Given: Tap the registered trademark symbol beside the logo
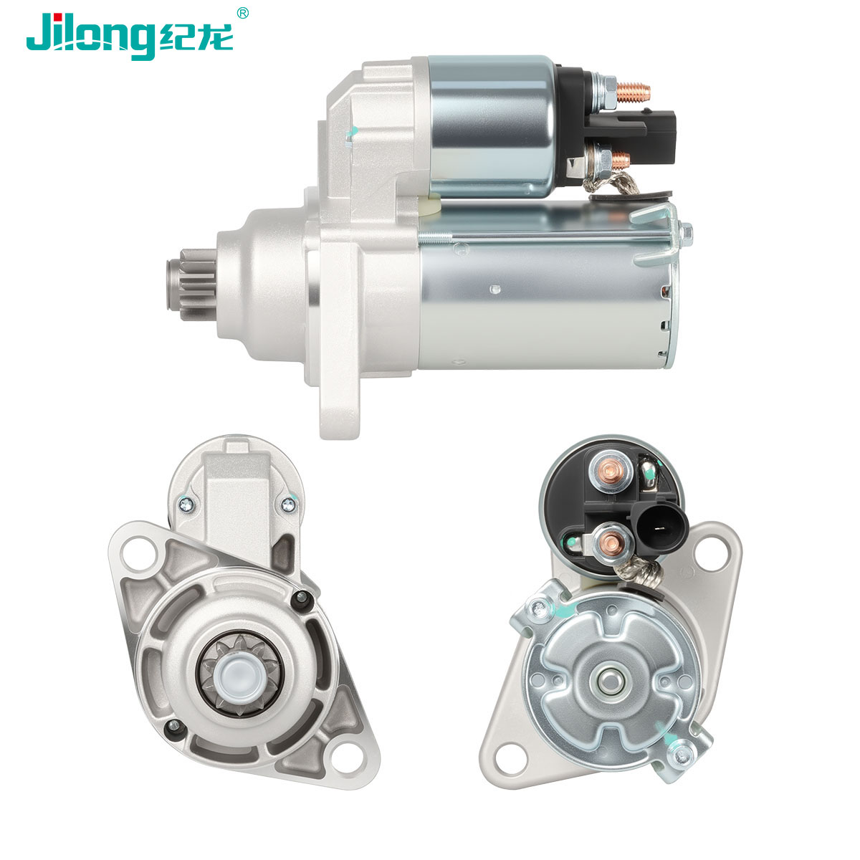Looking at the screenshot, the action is [x=242, y=13].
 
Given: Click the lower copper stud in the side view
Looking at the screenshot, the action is [x=621, y=160].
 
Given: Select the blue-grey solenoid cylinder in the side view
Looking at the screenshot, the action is [x=493, y=127].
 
